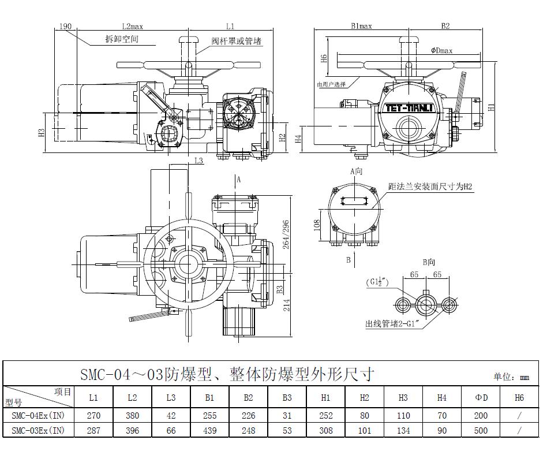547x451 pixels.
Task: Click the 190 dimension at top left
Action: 65,26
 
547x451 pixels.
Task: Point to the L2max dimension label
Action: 132,26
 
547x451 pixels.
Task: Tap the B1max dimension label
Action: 362,26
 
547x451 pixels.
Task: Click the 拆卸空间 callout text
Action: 122,39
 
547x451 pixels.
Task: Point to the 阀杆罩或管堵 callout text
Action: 237,41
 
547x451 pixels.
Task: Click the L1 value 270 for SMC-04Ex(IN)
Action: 93,415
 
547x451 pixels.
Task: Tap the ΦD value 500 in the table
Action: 481,430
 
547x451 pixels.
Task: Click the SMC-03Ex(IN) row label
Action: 38,430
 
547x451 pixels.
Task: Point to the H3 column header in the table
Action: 403,397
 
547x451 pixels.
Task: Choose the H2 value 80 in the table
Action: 364,415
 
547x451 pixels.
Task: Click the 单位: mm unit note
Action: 511,377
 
